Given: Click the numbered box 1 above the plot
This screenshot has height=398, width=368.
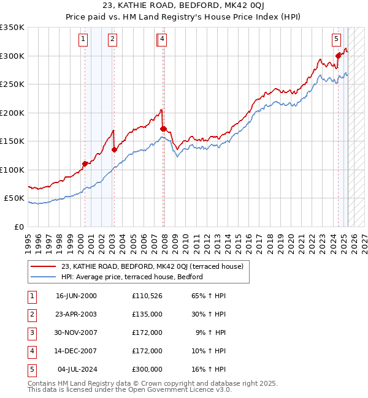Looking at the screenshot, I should (83, 39).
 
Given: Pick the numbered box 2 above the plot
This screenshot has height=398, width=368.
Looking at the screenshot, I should (113, 39).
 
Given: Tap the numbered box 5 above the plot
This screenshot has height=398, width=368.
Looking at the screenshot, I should (337, 39).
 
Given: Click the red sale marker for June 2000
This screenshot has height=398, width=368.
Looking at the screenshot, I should (85, 163).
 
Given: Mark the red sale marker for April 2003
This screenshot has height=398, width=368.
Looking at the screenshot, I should (115, 149).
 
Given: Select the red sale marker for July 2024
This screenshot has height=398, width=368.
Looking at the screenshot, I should (338, 56).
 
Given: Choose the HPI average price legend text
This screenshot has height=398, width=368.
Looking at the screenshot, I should (131, 277).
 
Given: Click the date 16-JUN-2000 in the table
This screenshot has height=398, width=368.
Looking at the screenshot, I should (76, 296).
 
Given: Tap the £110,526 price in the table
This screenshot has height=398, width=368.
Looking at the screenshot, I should (147, 296).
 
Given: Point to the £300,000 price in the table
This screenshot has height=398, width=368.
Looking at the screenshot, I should (147, 369).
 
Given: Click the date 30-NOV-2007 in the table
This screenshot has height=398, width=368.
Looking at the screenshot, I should (76, 332).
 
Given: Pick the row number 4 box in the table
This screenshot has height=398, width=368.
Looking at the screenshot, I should (31, 351).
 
